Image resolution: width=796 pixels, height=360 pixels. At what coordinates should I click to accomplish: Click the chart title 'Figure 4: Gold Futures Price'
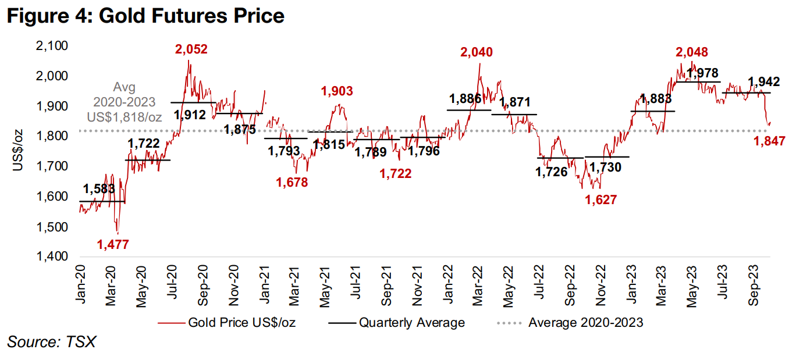pos(145,16)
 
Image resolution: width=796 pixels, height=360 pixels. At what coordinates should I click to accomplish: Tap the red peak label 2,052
pos(191,49)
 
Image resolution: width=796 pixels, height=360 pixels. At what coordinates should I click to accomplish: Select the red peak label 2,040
pos(476,52)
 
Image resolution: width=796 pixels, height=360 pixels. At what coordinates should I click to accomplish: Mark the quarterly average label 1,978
pos(702,74)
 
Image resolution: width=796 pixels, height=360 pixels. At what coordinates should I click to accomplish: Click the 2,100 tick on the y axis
pos(52,46)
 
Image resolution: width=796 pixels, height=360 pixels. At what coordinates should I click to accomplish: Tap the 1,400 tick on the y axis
pos(52,256)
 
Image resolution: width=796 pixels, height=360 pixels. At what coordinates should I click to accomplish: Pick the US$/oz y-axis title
pos(19,151)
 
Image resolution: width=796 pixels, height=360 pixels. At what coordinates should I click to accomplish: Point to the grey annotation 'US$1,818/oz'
pos(125,117)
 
